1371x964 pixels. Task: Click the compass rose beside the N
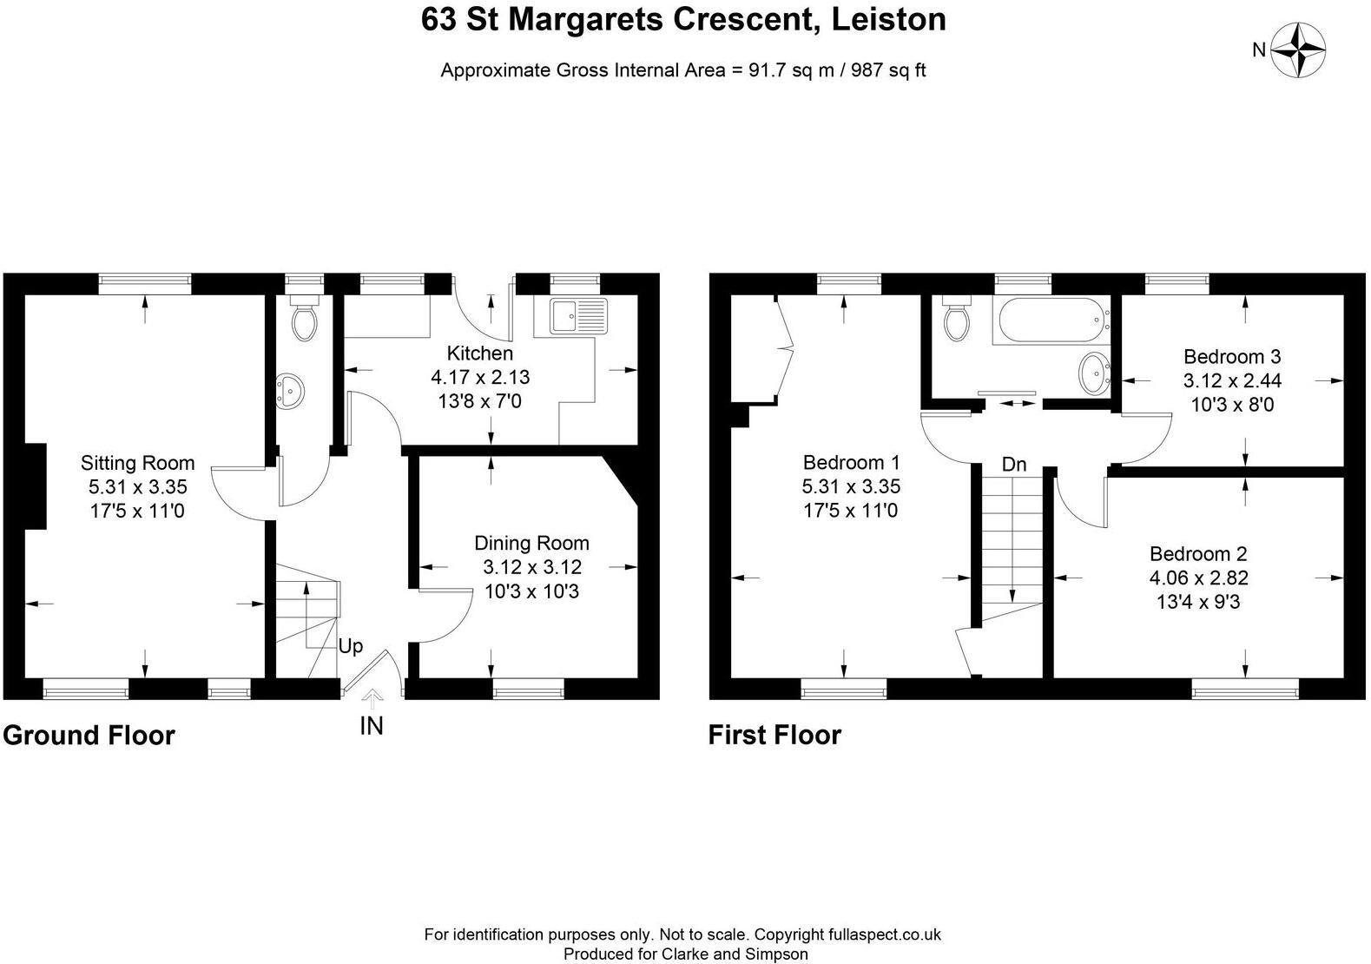(1297, 50)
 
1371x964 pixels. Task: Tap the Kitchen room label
(480, 353)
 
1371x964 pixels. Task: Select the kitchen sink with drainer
(578, 316)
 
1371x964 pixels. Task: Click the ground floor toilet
(304, 318)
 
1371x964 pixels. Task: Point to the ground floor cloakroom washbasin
(289, 391)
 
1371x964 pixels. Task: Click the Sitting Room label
(138, 463)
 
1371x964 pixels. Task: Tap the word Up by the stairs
(351, 647)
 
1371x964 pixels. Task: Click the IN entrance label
(372, 726)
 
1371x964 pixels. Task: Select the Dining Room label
(532, 543)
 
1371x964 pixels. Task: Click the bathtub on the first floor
(1052, 320)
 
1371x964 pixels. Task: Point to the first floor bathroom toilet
(957, 318)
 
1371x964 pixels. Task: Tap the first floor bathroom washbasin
(1095, 373)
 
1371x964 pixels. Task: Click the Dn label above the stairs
(1014, 465)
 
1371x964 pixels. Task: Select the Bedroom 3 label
(1232, 356)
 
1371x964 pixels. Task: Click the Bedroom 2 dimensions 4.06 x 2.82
(1198, 578)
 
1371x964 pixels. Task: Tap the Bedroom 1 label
(852, 462)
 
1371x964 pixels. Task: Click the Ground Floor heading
(89, 736)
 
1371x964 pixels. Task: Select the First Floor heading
(774, 735)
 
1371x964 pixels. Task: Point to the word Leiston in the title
(889, 20)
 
